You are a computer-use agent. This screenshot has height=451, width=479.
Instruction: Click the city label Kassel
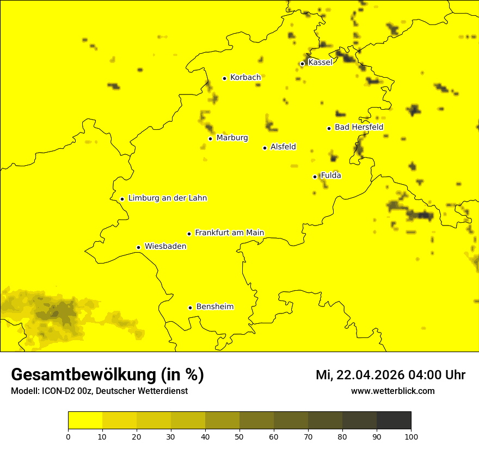(x=320, y=62)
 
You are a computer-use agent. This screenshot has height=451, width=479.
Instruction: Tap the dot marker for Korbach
(x=224, y=78)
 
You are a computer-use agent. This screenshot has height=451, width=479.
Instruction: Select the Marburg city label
(x=232, y=138)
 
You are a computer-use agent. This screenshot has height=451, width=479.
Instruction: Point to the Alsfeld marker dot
(x=265, y=148)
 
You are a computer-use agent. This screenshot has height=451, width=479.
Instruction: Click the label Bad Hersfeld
(x=359, y=127)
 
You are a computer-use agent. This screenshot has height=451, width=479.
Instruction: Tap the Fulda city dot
(x=315, y=177)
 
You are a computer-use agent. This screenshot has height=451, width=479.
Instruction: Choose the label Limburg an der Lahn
(x=167, y=198)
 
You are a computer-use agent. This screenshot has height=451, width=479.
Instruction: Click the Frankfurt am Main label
(x=229, y=233)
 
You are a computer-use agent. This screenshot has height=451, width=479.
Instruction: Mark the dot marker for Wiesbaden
(x=139, y=248)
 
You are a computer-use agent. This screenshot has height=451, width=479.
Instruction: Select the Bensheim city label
(x=214, y=307)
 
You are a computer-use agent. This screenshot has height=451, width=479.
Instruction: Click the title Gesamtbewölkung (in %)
(x=107, y=374)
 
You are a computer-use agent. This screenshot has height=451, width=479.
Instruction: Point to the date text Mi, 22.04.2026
(x=360, y=375)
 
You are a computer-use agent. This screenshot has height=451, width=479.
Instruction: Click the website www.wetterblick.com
(x=392, y=391)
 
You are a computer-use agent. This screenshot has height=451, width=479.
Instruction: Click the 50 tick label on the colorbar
(x=239, y=437)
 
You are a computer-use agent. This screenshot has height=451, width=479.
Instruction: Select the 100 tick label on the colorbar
(x=411, y=437)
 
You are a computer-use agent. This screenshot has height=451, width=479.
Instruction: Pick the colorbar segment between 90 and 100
(x=394, y=421)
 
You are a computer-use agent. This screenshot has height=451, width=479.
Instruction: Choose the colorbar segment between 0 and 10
(x=85, y=421)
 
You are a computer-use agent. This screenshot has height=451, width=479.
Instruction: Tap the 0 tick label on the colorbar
(x=68, y=437)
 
